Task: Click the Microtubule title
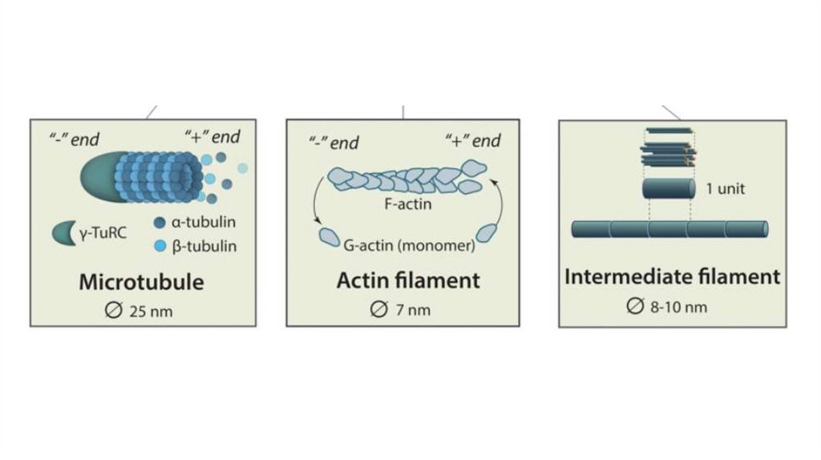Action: [x=141, y=282]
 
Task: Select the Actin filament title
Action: [x=408, y=280]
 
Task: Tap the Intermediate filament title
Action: [x=672, y=276]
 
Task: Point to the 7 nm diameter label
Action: [x=402, y=310]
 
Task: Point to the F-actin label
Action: [x=414, y=204]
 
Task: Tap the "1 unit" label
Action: [x=726, y=189]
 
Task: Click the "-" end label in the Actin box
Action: [x=334, y=143]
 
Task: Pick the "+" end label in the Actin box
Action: [x=473, y=141]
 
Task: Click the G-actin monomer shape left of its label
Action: [x=329, y=237]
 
